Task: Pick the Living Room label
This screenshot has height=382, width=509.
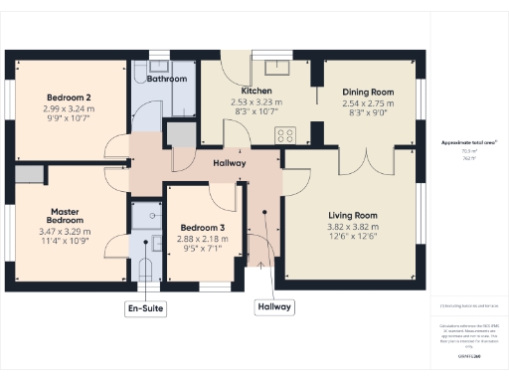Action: [354, 215]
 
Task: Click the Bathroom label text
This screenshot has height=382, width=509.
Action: [167, 78]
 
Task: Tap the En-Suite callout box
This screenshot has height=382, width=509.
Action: [145, 307]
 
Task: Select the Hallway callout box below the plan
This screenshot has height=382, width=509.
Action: [274, 307]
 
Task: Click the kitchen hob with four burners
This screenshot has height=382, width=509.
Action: [287, 135]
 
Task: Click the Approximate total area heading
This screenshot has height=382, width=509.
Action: [462, 143]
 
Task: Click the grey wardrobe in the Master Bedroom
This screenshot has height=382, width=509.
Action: [28, 175]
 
